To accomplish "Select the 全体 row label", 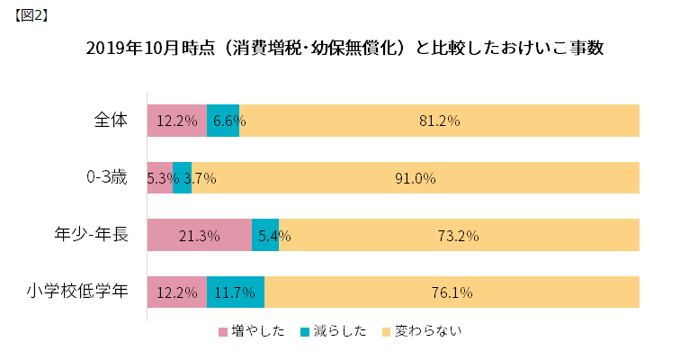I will pyautogui.click(x=112, y=120).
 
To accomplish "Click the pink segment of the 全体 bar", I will pyautogui.click(x=177, y=121).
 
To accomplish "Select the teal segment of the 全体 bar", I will pyautogui.click(x=222, y=121).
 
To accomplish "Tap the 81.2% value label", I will pyautogui.click(x=439, y=121).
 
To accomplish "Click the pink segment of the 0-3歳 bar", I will pyautogui.click(x=159, y=178).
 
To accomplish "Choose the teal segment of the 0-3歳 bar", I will pyautogui.click(x=182, y=178).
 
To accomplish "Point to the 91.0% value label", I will pyautogui.click(x=415, y=178).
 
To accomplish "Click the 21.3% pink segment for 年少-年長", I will pyautogui.click(x=200, y=236).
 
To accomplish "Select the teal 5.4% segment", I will pyautogui.click(x=264, y=236).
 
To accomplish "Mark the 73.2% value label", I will pyautogui.click(x=458, y=236).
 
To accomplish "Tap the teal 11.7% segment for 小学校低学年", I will pyautogui.click(x=236, y=292).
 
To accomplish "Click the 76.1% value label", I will pyautogui.click(x=452, y=292).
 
